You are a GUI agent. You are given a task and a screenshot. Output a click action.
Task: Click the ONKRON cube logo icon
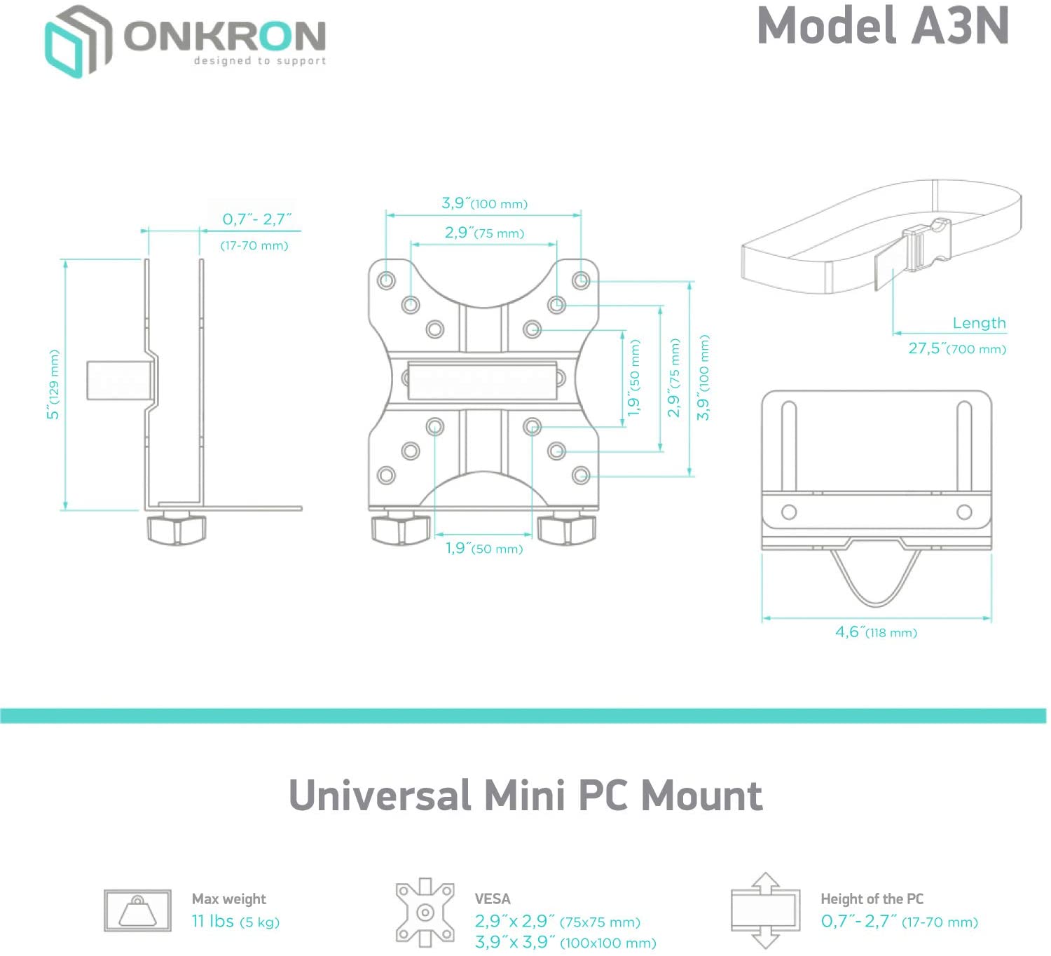(x=78, y=41)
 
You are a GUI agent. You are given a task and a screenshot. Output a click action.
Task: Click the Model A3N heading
(x=882, y=27)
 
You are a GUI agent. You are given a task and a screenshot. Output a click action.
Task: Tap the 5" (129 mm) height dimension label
(x=54, y=385)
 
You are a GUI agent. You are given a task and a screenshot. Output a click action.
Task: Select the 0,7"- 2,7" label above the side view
(x=256, y=219)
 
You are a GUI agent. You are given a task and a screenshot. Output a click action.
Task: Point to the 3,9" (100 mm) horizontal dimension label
(x=484, y=204)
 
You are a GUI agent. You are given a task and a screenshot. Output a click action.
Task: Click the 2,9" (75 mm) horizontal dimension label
(x=484, y=233)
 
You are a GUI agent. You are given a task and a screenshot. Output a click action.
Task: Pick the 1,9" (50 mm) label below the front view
(x=484, y=548)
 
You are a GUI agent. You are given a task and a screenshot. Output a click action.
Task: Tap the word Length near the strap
(x=979, y=323)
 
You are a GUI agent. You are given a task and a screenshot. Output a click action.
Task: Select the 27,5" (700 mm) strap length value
(x=956, y=348)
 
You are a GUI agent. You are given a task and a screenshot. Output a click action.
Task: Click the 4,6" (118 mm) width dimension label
(x=876, y=632)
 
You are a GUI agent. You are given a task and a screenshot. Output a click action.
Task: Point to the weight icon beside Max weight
(x=137, y=910)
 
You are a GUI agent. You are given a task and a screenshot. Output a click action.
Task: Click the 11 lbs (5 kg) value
(x=235, y=922)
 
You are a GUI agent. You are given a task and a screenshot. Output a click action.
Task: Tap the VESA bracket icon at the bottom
(x=425, y=912)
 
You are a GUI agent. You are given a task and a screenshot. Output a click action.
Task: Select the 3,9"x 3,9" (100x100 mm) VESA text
(x=565, y=943)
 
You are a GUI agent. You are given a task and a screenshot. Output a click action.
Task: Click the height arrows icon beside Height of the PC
(x=765, y=910)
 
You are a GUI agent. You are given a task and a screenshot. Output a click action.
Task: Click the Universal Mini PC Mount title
(x=525, y=796)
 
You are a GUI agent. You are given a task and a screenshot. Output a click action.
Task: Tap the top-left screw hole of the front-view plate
(x=386, y=281)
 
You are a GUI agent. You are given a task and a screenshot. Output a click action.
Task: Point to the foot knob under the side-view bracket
(x=176, y=529)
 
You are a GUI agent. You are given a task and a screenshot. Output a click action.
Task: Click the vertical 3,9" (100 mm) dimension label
(x=703, y=378)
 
